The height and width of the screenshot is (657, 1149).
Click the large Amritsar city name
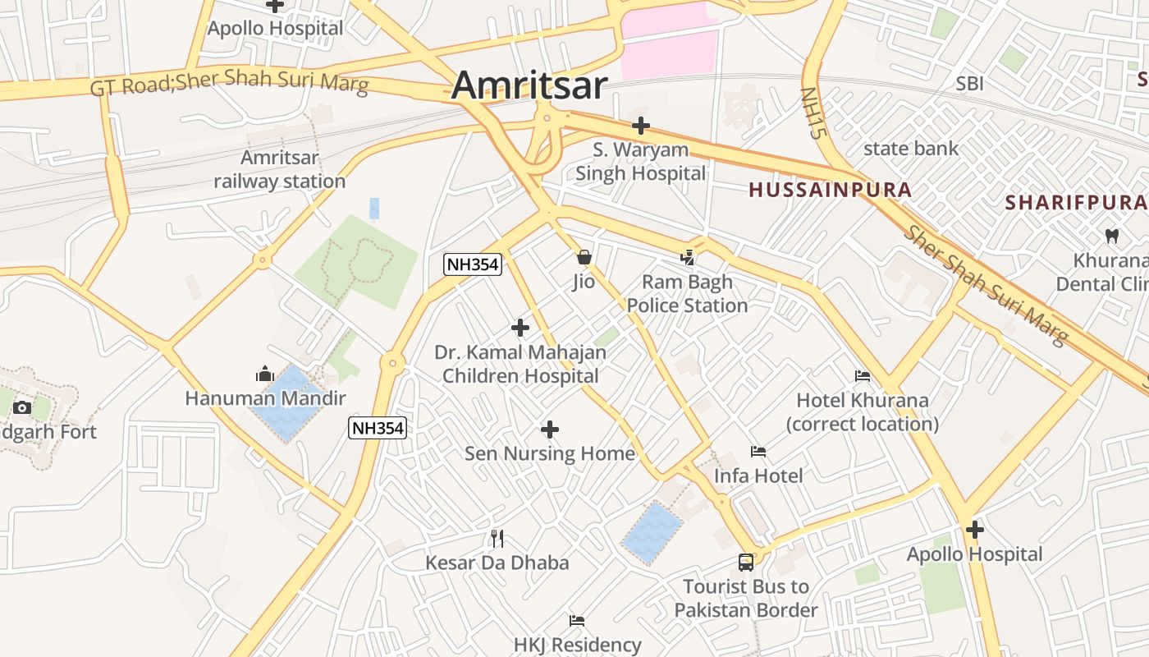pyautogui.click(x=529, y=85)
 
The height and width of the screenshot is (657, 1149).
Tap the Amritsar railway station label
pyautogui.click(x=280, y=169)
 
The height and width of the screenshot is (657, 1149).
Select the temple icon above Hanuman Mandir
pyautogui.click(x=264, y=374)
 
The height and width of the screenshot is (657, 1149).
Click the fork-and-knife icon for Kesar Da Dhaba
pyautogui.click(x=497, y=539)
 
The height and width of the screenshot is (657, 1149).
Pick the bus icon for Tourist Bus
pyautogui.click(x=746, y=563)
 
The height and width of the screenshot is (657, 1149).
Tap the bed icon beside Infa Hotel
pyautogui.click(x=758, y=452)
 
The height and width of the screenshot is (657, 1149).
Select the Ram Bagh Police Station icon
pyautogui.click(x=687, y=258)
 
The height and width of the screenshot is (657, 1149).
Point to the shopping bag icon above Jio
pyautogui.click(x=584, y=257)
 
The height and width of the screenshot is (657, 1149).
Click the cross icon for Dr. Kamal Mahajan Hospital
pyautogui.click(x=520, y=328)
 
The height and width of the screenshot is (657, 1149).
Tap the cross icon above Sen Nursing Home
pyautogui.click(x=550, y=430)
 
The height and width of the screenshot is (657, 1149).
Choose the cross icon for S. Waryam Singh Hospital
pyautogui.click(x=641, y=126)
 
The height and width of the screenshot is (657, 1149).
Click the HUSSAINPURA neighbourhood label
pyautogui.click(x=830, y=190)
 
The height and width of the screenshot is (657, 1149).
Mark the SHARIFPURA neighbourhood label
pyautogui.click(x=1076, y=202)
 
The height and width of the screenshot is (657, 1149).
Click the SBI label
pyautogui.click(x=969, y=83)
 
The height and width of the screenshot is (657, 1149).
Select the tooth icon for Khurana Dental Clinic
pyautogui.click(x=1112, y=236)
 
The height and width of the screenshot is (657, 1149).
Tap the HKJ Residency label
pyautogui.click(x=578, y=645)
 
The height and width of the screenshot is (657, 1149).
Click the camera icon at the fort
pyautogui.click(x=22, y=407)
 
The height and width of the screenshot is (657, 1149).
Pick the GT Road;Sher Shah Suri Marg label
pyautogui.click(x=229, y=83)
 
